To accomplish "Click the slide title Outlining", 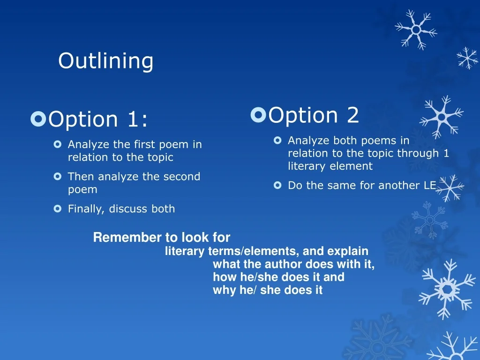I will [x=105, y=61].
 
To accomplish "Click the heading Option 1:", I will [x=98, y=119].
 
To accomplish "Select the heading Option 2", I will [x=314, y=115].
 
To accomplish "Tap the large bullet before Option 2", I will [x=258, y=114].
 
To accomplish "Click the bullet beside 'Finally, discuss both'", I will [x=58, y=209].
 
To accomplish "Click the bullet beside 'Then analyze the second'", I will [x=58, y=177].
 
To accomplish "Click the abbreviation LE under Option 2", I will [x=430, y=185].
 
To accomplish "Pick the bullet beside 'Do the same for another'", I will [x=277, y=186].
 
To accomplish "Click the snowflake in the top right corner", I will [x=416, y=29].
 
